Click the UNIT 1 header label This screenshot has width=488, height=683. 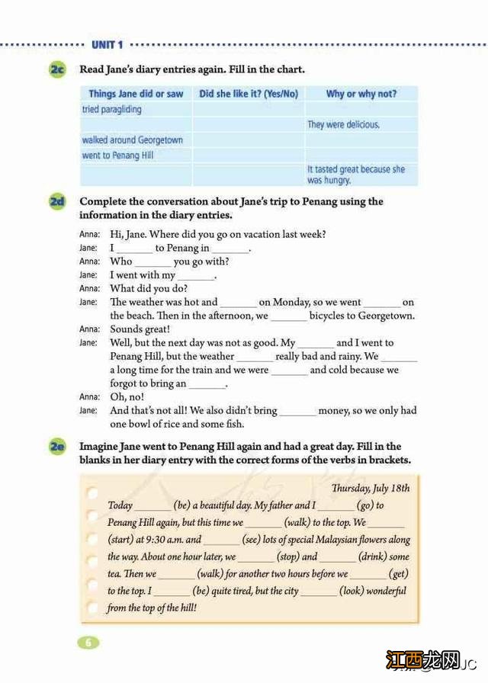click(107, 46)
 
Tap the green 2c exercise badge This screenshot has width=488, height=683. click(57, 70)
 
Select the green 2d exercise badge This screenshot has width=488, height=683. click(57, 202)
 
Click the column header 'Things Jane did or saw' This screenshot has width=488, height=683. click(136, 94)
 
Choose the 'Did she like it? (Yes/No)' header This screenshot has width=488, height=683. click(249, 94)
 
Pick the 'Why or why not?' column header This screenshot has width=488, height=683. click(361, 94)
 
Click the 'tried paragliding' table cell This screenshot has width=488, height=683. click(112, 110)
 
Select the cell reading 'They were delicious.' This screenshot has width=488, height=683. click(343, 124)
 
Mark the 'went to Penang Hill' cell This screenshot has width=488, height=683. click(118, 156)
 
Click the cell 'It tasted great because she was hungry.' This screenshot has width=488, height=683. click(356, 175)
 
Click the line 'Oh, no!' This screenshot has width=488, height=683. click(127, 397)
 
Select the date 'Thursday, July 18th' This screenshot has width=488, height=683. click(371, 489)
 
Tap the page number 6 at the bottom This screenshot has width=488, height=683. click(88, 642)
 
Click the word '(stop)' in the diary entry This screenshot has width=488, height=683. click(287, 556)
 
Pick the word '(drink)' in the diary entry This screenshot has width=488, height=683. click(371, 556)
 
